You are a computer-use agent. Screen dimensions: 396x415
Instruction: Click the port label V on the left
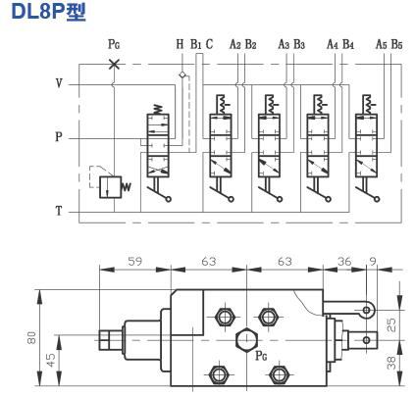[59, 84]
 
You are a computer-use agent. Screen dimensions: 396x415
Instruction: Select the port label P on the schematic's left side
[59, 138]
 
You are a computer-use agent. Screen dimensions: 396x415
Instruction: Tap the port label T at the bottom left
[59, 210]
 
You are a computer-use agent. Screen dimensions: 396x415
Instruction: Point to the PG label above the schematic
[115, 45]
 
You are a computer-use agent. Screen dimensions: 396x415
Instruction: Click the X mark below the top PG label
[115, 64]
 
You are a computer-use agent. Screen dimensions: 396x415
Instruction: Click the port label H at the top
[180, 45]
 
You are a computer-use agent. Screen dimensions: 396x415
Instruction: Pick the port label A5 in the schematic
[380, 45]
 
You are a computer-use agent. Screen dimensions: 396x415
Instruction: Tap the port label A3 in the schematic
[284, 45]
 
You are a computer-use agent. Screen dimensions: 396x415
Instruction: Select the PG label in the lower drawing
[259, 358]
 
